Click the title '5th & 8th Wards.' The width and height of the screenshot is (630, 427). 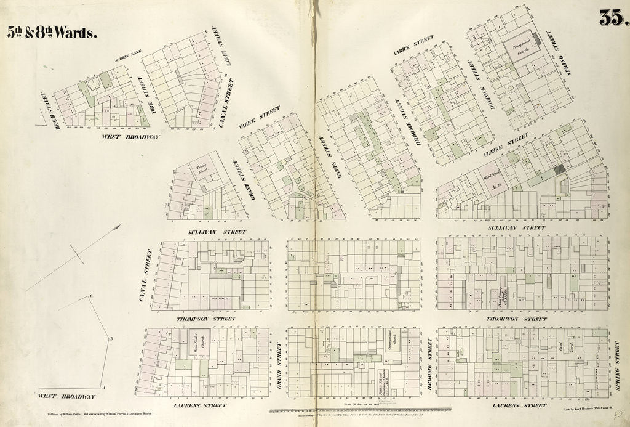click(52, 32)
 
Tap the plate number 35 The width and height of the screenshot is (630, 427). click(613, 18)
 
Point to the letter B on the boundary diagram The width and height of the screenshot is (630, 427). click(111, 339)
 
